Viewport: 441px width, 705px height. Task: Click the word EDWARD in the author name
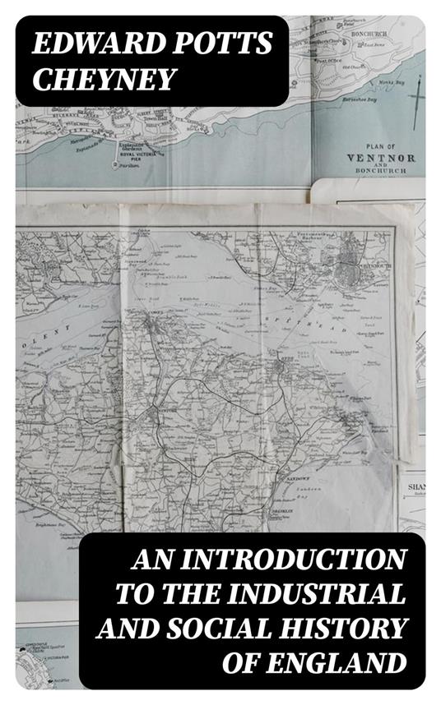(72, 45)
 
